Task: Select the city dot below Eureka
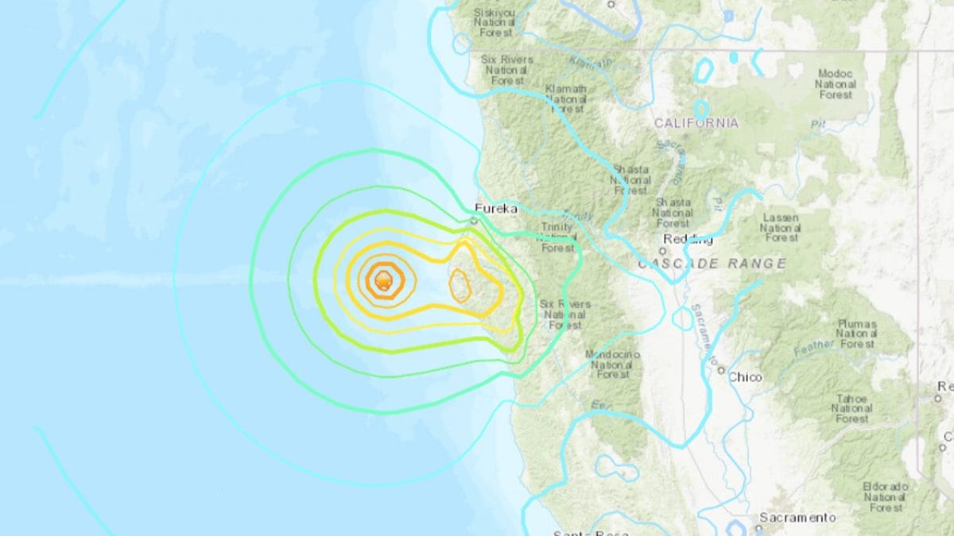pyautogui.click(x=474, y=221)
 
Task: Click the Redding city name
pyautogui.click(x=688, y=240)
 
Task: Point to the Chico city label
pyautogui.click(x=745, y=377)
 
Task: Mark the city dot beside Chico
pyautogui.click(x=721, y=369)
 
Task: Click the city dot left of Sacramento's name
pyautogui.click(x=752, y=518)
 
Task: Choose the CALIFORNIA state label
pyautogui.click(x=696, y=123)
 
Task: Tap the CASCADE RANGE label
pyautogui.click(x=712, y=264)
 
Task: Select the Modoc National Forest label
pyautogui.click(x=836, y=84)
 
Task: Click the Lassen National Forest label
pyautogui.click(x=781, y=227)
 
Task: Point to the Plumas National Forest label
pyautogui.click(x=857, y=334)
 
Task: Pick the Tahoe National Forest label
pyautogui.click(x=852, y=408)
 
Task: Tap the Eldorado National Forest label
pyautogui.click(x=886, y=496)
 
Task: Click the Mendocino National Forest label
pyautogui.click(x=613, y=364)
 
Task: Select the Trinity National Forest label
pyautogui.click(x=557, y=237)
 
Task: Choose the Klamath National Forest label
pyautogui.click(x=565, y=98)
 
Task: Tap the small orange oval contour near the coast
pyautogui.click(x=460, y=286)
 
